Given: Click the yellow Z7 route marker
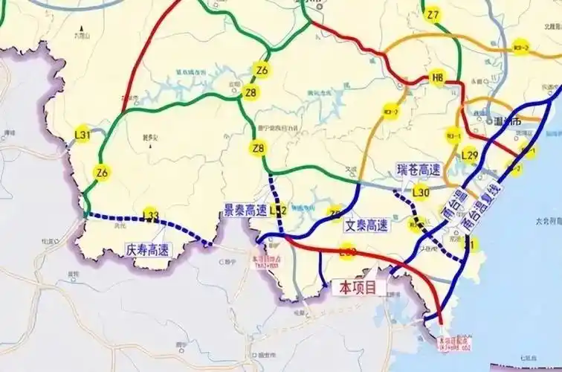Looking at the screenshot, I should point(433,15).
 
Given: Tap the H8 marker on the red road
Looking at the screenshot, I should point(437,77).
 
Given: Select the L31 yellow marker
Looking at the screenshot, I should point(83,135).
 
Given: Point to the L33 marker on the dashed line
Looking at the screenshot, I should point(151,216).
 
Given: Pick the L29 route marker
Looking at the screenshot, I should point(469,155).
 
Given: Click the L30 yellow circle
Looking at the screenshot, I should point(421,193).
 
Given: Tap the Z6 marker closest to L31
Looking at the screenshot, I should point(102,173).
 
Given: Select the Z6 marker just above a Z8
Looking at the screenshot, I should point(261,70).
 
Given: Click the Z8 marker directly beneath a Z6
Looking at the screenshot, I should point(251,93).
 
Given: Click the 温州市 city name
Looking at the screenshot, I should point(508,121).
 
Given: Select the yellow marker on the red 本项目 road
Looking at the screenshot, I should point(346,254).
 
